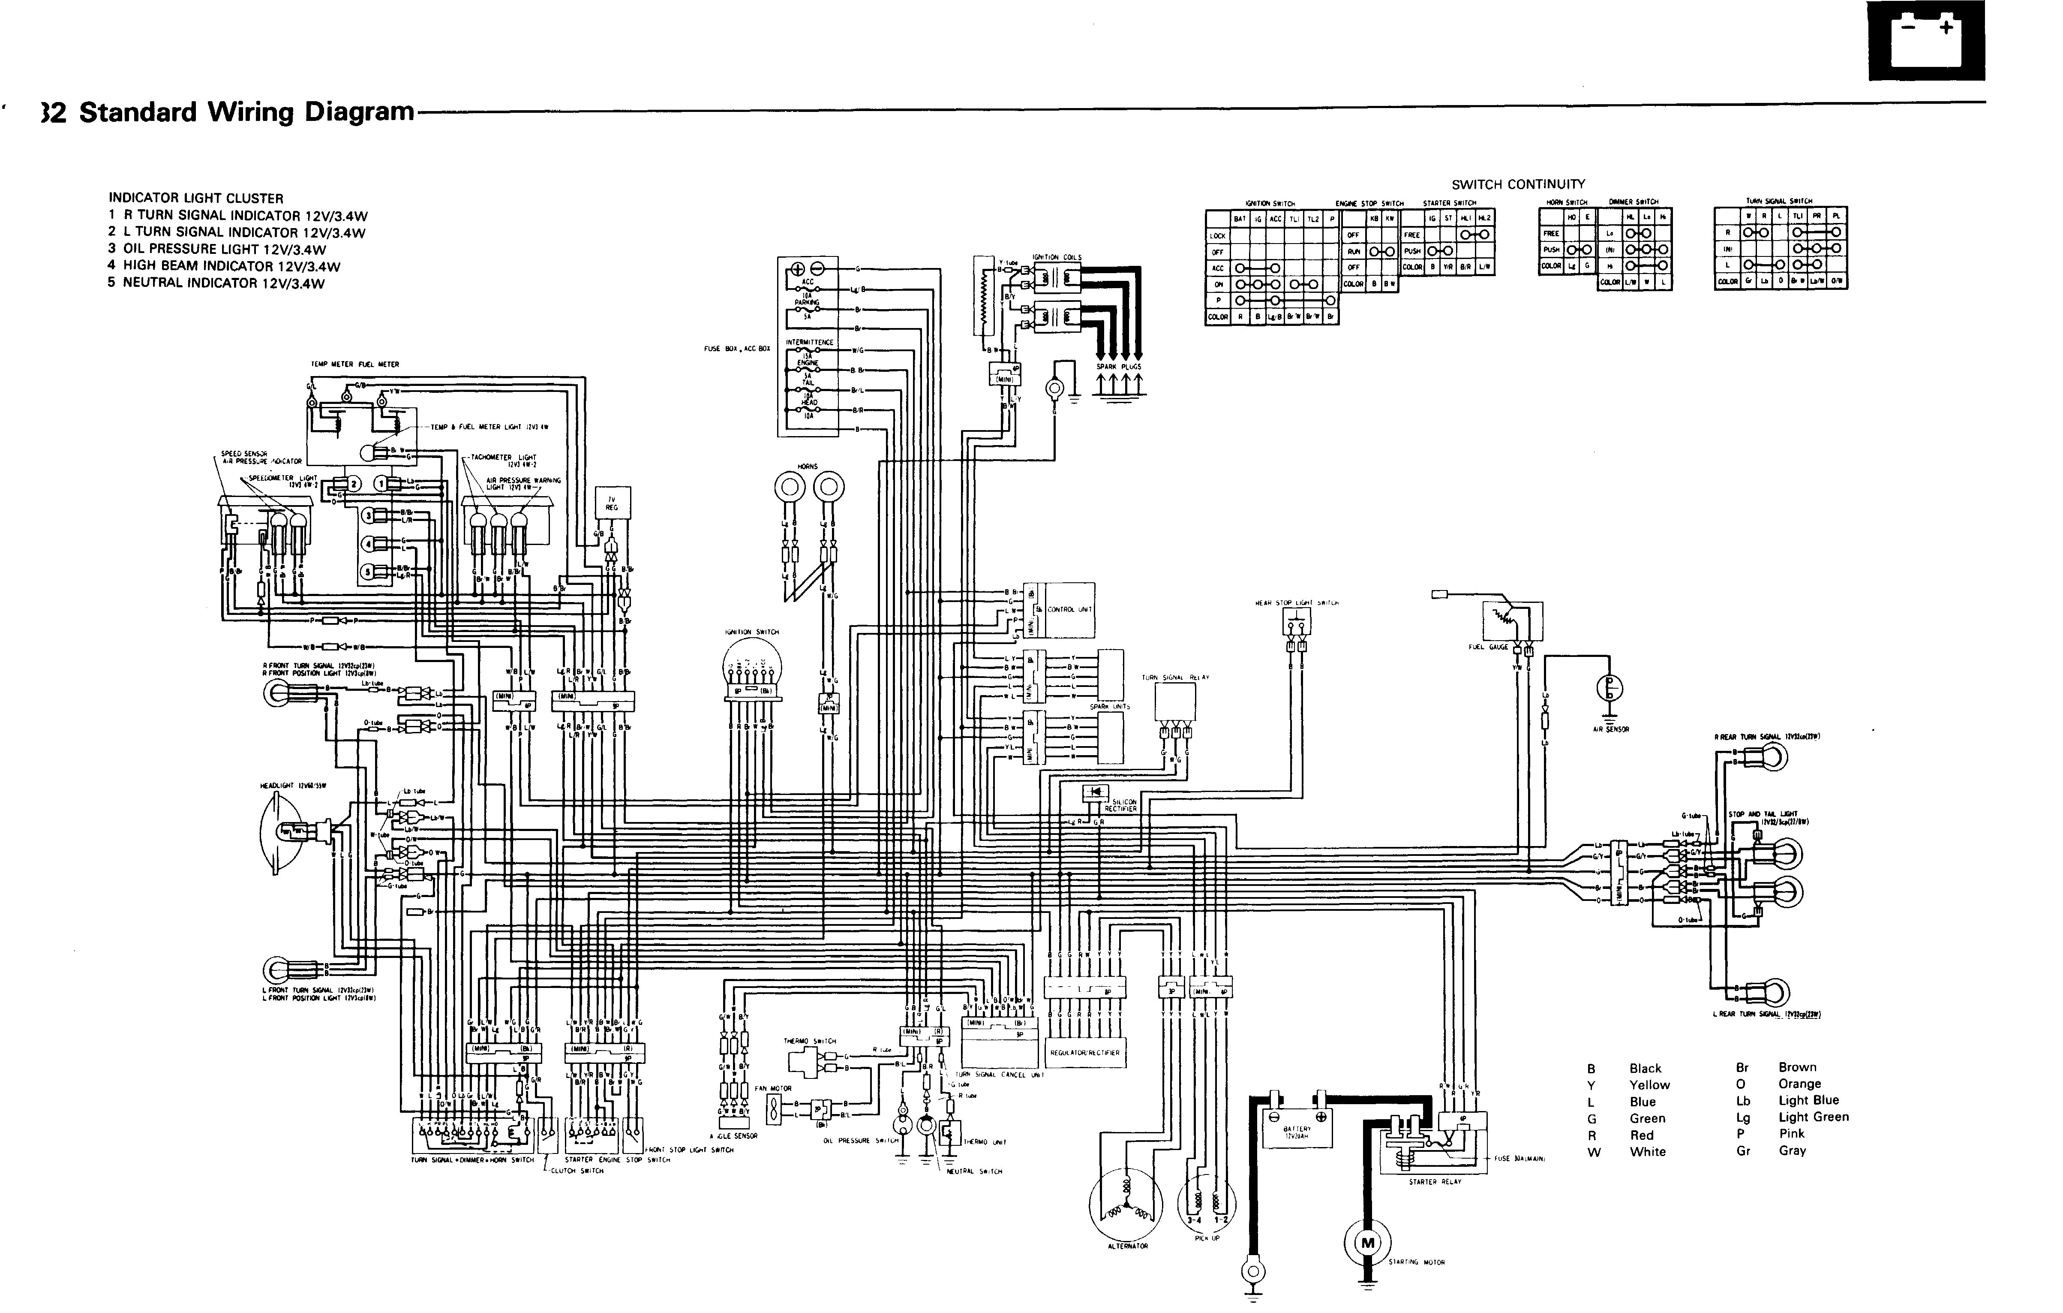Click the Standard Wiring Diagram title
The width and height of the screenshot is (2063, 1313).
(247, 112)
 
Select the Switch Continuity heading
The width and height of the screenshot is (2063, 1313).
(1517, 184)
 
